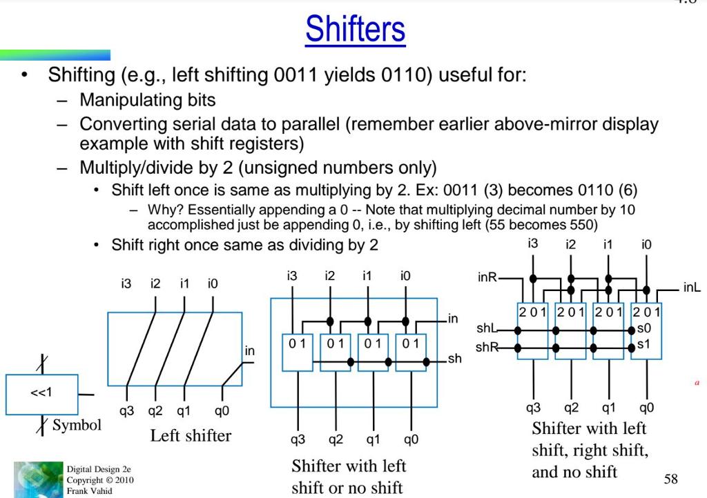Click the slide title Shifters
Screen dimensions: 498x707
point(355,29)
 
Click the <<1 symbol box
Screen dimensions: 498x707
point(41,395)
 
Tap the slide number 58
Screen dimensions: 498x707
point(670,479)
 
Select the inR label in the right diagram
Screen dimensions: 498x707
point(487,277)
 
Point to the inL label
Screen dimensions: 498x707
point(691,288)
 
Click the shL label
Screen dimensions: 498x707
point(486,328)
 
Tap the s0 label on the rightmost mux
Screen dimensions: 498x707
point(643,329)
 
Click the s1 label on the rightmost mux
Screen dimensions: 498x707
point(643,343)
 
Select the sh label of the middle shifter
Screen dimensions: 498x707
point(454,359)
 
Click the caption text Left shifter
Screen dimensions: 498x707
point(191,435)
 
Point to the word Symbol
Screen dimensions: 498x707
point(77,425)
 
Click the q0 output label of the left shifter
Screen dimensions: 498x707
point(222,412)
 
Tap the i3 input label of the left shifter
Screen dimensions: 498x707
point(126,283)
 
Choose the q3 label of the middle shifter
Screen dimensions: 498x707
point(298,439)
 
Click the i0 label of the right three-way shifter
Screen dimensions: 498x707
point(646,244)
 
